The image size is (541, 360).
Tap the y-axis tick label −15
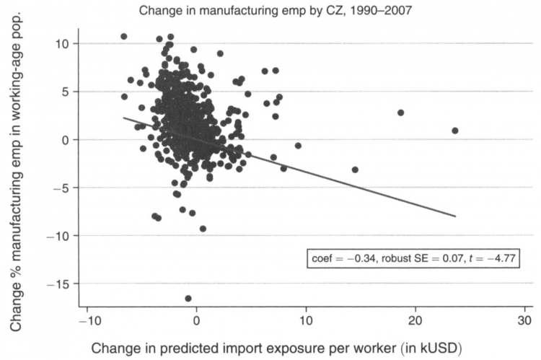point(61,284)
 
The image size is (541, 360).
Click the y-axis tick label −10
point(61,236)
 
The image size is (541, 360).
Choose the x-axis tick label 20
point(415,320)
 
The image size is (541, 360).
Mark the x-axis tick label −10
point(87,320)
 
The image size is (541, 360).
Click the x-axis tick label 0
point(197,320)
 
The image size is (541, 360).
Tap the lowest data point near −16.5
point(188,298)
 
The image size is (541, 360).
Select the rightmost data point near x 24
point(454,131)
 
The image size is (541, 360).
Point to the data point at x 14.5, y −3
point(355,170)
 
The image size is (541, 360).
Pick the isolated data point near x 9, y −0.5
point(298,145)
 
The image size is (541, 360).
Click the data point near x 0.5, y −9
point(203,228)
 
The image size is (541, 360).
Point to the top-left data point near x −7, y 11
point(123,36)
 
